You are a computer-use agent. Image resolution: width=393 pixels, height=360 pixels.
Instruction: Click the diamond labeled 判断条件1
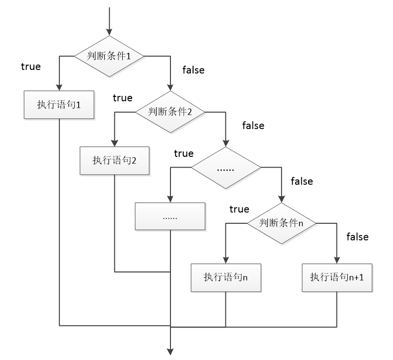coord(109,56)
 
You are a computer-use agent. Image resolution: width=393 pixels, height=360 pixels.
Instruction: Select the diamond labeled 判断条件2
coord(170,112)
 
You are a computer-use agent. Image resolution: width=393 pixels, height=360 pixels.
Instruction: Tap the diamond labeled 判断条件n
coord(281,223)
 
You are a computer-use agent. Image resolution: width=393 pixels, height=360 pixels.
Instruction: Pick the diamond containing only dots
coord(225,168)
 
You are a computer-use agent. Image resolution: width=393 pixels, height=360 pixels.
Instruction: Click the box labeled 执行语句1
coord(59,105)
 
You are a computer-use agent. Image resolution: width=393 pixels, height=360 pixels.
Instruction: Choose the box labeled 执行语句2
coord(114,160)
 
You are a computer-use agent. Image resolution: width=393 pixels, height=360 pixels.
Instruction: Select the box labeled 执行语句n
coord(226,278)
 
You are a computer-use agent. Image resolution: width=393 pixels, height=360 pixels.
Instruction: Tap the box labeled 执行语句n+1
coord(337,278)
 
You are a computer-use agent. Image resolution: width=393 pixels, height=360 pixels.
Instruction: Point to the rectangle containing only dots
coord(170,216)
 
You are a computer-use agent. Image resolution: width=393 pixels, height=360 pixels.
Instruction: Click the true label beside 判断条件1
coord(31,67)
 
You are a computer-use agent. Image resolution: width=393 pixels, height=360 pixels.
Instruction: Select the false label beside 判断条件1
coord(194,70)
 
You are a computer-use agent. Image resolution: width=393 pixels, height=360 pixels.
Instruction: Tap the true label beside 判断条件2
coord(122,98)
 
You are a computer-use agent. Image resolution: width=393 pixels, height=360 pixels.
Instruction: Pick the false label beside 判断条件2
coord(253,125)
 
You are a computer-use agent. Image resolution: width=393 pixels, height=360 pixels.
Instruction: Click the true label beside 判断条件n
coord(239,209)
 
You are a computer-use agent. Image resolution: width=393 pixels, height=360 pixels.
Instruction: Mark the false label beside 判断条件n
coord(358,237)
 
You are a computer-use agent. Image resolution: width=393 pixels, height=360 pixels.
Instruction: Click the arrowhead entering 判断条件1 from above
coord(109,32)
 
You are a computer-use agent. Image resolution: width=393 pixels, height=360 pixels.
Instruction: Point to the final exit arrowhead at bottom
coord(170,352)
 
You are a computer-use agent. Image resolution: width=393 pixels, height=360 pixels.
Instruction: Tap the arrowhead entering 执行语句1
coord(59,87)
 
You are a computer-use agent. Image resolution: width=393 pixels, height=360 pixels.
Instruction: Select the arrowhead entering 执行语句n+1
coord(337,260)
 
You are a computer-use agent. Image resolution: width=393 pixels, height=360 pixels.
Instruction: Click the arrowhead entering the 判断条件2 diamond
coord(170,88)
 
